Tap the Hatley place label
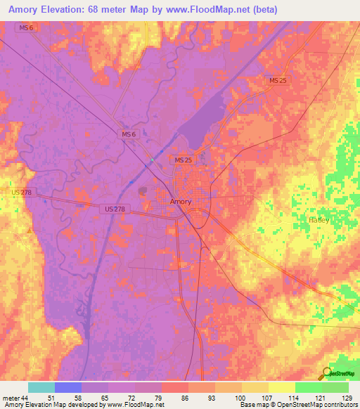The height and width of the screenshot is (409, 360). click(x=319, y=220)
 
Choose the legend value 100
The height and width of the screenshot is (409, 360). click(x=240, y=397)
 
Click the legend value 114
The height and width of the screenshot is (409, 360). click(x=294, y=397)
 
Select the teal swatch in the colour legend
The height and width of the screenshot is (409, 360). click(x=41, y=387)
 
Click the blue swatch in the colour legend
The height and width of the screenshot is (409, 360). click(x=68, y=387)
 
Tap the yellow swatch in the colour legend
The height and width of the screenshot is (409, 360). click(x=281, y=387)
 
